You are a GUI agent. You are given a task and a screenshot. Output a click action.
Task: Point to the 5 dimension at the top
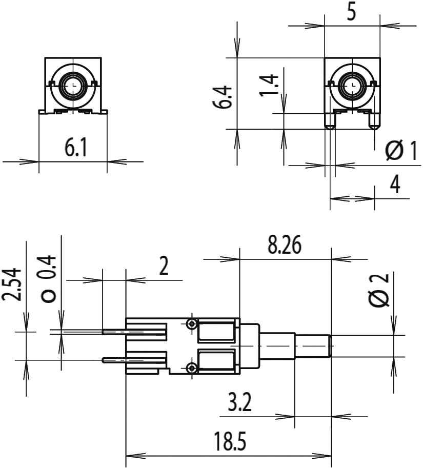[x=352, y=13]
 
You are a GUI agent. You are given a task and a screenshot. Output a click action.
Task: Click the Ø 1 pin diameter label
[x=401, y=151]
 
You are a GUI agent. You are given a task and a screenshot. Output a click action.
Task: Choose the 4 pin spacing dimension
[x=395, y=184]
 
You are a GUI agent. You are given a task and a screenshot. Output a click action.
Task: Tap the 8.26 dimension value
[x=285, y=245]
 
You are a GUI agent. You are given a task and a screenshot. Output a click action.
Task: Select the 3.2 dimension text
[x=239, y=402]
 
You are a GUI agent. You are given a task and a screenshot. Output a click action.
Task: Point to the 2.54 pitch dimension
[x=12, y=285]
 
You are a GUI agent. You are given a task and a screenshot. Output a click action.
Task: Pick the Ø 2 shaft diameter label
[x=379, y=290]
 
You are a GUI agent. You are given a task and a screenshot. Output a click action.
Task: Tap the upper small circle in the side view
[x=191, y=323]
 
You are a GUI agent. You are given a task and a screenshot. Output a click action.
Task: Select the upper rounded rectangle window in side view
[x=216, y=331]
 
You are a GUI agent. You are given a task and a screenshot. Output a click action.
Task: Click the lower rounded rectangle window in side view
[x=216, y=362]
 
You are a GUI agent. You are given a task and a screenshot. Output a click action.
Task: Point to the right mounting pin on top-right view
[x=374, y=122]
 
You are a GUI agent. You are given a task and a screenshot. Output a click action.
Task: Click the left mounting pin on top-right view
[x=330, y=122]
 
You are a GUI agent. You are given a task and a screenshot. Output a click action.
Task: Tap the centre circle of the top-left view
[x=73, y=85]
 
